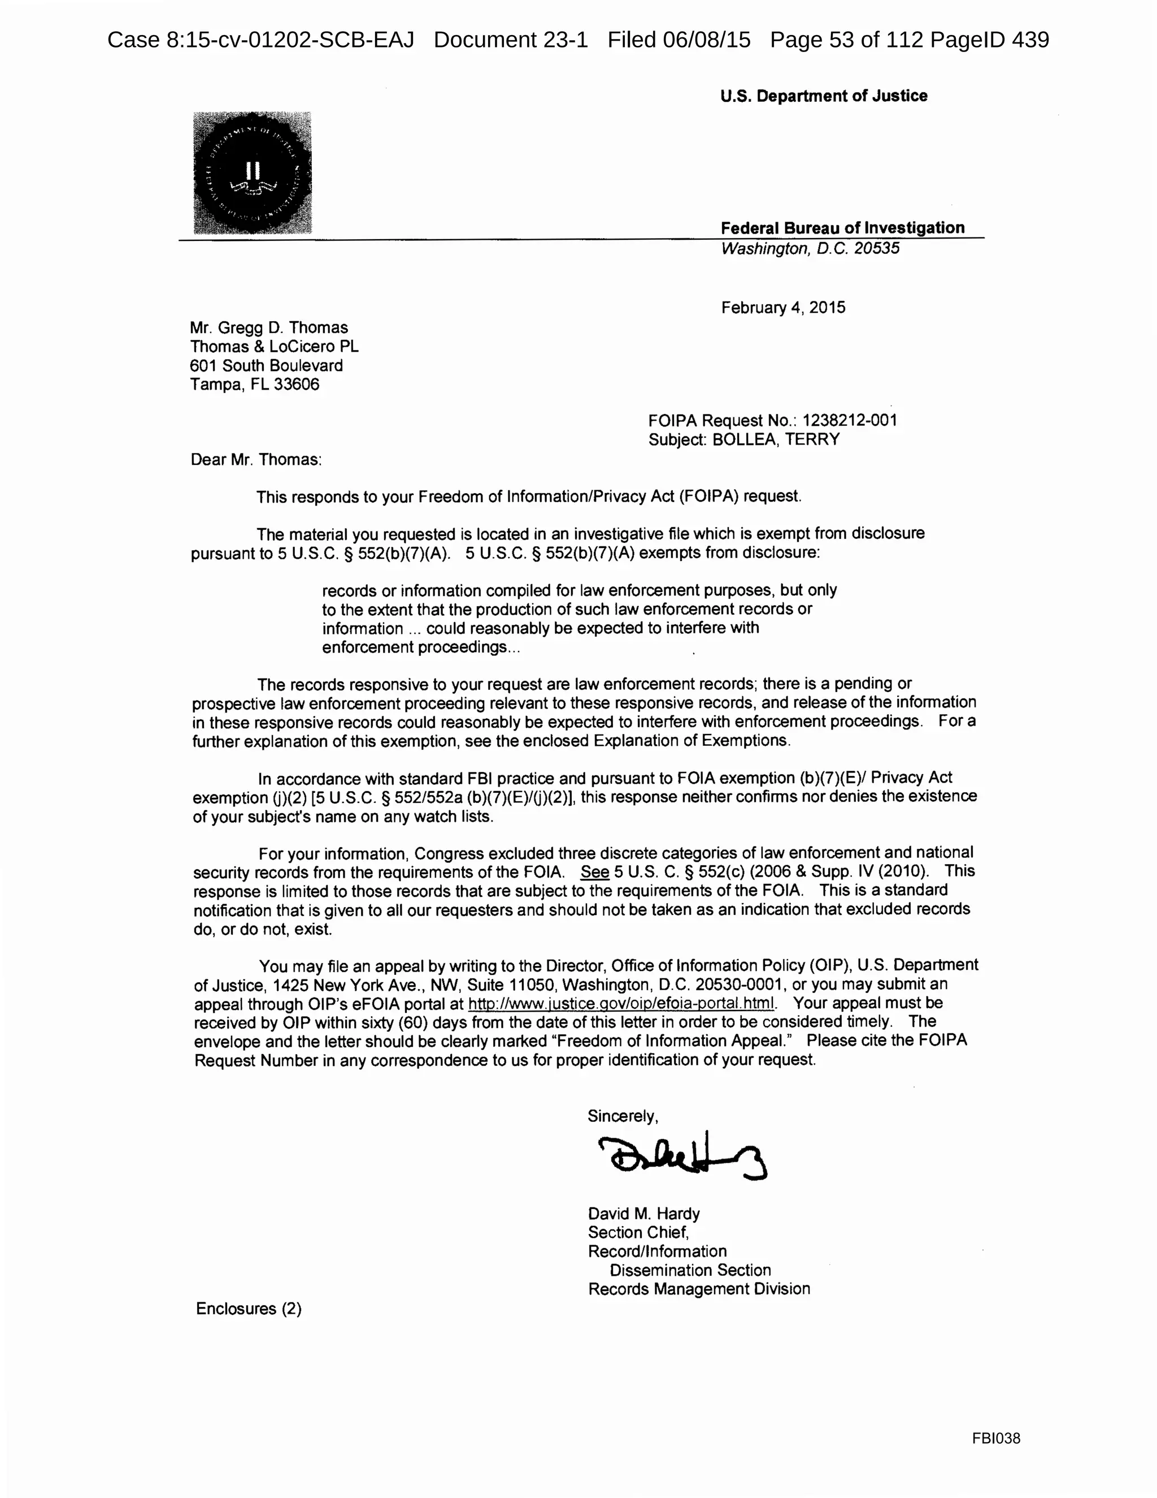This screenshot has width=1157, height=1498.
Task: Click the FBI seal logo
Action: (x=252, y=173)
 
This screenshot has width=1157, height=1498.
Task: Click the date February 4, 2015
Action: (x=783, y=307)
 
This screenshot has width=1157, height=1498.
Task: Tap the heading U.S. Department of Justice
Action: (x=823, y=96)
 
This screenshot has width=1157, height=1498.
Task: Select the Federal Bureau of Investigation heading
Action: (x=842, y=228)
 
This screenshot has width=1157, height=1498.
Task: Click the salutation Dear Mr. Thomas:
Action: (x=256, y=460)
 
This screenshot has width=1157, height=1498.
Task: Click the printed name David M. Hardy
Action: (x=643, y=1214)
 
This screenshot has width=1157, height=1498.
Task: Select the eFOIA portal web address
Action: (x=621, y=1003)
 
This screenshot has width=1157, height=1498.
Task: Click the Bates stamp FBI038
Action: (x=995, y=1438)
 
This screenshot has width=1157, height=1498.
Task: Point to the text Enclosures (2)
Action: (x=248, y=1308)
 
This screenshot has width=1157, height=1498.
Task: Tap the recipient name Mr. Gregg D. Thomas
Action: (x=269, y=328)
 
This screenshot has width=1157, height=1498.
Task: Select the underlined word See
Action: (x=594, y=872)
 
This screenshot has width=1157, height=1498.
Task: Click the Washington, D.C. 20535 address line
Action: (x=810, y=248)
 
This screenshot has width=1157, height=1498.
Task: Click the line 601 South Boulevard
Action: (x=266, y=365)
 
